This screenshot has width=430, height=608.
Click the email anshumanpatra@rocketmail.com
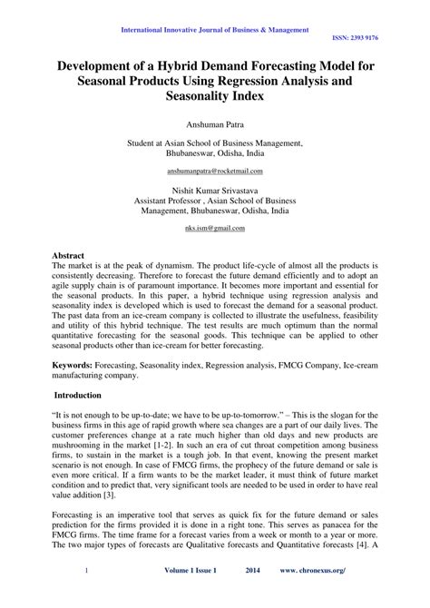point(215,171)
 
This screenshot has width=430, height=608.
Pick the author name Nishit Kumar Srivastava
point(215,190)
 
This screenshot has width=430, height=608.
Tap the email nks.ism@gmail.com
point(215,230)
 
